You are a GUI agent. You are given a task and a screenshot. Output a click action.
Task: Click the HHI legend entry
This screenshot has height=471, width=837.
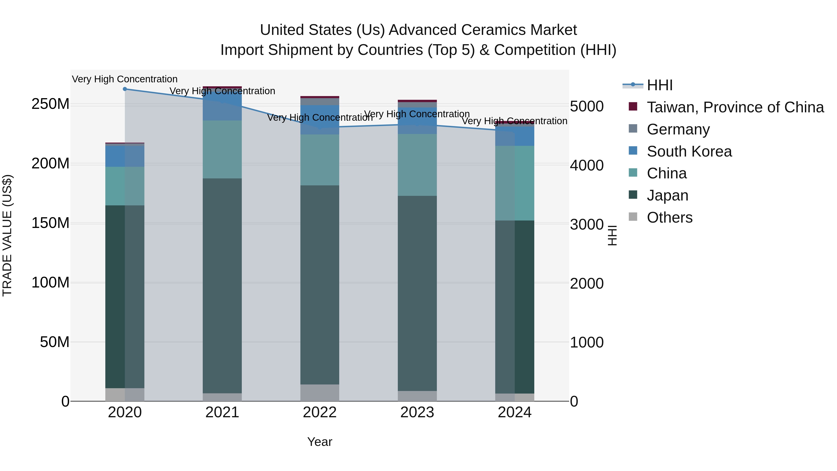point(659,85)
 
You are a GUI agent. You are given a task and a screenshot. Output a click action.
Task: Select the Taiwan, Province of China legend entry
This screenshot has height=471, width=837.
point(735,107)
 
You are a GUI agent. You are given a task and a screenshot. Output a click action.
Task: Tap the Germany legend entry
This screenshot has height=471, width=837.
point(678,129)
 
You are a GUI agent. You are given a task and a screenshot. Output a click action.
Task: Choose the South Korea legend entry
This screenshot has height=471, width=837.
point(689,151)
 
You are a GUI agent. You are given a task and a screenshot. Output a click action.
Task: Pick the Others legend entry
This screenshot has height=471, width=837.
point(669,217)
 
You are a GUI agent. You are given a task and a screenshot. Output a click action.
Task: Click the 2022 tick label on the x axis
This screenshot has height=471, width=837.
point(320,412)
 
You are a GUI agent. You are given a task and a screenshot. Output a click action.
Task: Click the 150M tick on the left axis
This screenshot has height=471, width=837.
point(50,223)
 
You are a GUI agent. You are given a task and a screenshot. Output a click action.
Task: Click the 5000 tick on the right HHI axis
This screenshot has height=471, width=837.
point(587,107)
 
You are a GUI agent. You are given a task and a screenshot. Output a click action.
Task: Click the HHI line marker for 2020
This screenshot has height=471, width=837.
point(125,89)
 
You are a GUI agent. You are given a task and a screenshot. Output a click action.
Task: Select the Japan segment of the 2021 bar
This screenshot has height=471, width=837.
point(222,286)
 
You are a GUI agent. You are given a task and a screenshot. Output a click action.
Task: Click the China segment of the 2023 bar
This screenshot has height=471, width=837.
point(417,165)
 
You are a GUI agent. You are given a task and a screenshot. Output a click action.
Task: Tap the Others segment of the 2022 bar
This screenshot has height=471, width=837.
point(320,393)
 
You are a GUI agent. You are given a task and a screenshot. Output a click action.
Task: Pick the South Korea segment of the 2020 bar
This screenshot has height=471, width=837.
point(125,156)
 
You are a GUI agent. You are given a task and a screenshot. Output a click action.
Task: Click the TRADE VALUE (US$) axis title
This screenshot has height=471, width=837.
point(7,235)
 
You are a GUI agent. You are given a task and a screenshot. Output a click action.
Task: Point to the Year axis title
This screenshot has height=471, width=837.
point(320,442)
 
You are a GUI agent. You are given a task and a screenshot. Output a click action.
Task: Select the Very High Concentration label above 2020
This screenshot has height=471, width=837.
point(125,79)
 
